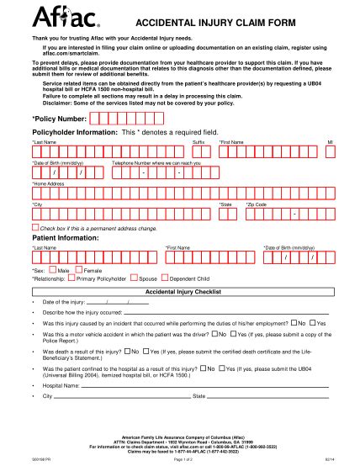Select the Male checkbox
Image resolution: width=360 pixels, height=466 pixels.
51,270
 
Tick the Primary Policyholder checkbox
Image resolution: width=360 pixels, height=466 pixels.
71,277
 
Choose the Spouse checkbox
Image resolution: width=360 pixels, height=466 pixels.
134,277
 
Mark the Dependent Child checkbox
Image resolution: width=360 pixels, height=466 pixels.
165,277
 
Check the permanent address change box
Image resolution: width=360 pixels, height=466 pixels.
34,227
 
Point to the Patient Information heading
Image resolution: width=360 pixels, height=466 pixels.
66,237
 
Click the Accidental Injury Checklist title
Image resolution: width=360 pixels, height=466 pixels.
183,291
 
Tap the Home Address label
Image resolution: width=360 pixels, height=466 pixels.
48,182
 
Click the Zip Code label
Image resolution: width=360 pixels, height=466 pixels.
257,204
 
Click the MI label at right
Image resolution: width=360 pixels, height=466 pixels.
330,142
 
